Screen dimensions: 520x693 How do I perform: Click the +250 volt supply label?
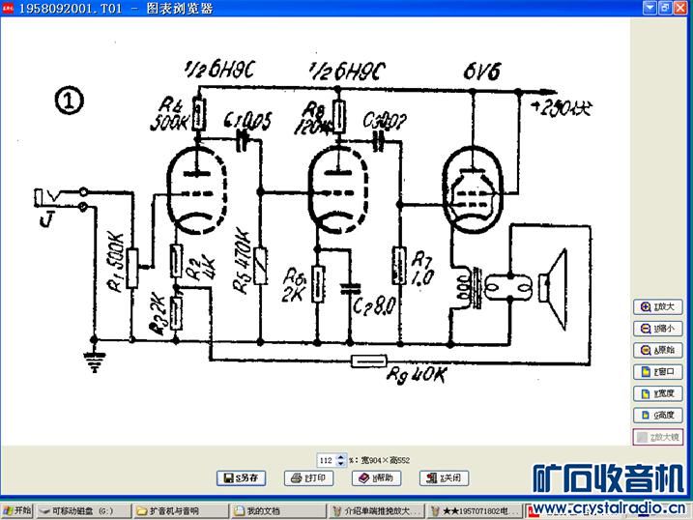click(559, 103)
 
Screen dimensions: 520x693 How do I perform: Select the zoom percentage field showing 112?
click(327, 461)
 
